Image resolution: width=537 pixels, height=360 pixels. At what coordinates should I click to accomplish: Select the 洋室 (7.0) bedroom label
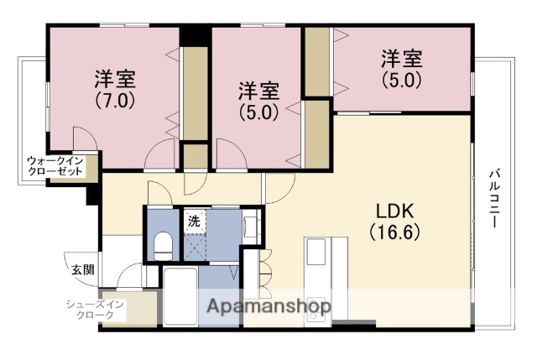114,80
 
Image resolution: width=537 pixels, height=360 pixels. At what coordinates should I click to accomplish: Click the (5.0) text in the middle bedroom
258,111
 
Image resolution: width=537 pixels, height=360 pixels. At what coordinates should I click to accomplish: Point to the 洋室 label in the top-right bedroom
401,59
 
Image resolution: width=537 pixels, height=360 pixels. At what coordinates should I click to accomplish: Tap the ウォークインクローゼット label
55,164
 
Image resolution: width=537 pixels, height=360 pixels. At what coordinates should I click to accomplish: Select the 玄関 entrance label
81,270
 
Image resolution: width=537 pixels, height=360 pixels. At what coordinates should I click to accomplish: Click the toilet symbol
164,246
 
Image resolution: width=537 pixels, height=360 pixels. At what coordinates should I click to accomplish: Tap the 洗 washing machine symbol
194,222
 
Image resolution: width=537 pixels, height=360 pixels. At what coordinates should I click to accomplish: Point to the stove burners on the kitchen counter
318,304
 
